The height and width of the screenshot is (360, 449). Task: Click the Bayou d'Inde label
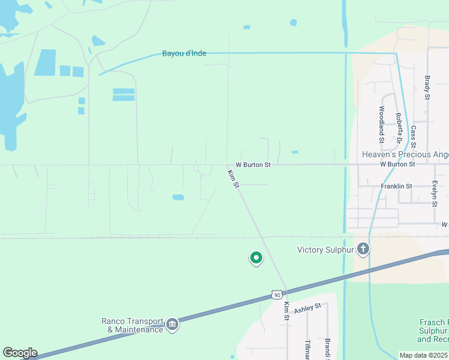click(x=184, y=53)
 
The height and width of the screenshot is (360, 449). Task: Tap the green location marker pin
click(x=256, y=258)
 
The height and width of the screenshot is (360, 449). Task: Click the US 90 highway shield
click(x=276, y=295)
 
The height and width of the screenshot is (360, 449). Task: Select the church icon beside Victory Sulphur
click(x=363, y=249)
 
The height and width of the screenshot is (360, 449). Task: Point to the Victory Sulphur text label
click(x=327, y=250)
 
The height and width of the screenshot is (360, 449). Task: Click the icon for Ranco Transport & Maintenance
click(x=172, y=325)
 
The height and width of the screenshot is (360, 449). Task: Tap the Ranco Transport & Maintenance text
click(x=132, y=325)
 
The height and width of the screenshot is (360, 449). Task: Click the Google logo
click(x=20, y=353)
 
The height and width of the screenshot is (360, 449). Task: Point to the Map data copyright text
click(x=424, y=355)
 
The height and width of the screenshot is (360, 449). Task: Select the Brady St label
click(x=427, y=88)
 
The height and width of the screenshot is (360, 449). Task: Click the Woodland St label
click(x=382, y=124)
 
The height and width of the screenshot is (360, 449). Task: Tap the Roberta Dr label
click(x=398, y=128)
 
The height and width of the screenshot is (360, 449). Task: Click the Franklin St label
click(x=396, y=186)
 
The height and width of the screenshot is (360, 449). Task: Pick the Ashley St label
click(x=308, y=308)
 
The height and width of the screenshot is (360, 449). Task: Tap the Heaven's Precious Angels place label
click(x=405, y=154)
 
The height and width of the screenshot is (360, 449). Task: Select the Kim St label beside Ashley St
click(x=286, y=311)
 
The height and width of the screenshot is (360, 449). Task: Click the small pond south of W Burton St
click(x=178, y=197)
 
